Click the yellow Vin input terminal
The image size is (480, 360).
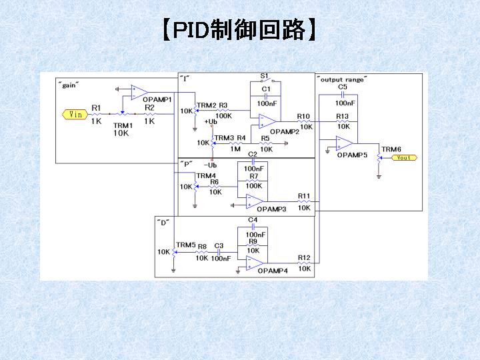click(x=75, y=115)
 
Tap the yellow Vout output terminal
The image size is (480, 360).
click(x=404, y=157)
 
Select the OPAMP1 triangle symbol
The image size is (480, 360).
click(x=139, y=92)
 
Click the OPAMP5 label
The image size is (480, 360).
click(x=352, y=155)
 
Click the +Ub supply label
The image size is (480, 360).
click(x=211, y=121)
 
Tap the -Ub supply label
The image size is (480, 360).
click(x=210, y=165)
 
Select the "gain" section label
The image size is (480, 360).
click(x=69, y=85)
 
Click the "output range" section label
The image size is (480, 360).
click(x=342, y=79)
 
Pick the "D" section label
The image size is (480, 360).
click(x=163, y=223)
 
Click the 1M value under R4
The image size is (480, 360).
click(x=235, y=149)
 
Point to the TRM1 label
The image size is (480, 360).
click(x=123, y=125)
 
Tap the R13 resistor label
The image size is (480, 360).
click(x=342, y=116)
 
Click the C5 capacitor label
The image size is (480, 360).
click(x=343, y=87)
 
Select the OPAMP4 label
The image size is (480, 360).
click(x=273, y=271)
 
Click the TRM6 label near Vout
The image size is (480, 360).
click(x=391, y=149)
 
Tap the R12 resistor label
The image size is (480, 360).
click(x=304, y=258)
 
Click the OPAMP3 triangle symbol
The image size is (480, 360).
click(x=255, y=201)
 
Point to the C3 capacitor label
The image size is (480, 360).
click(x=219, y=246)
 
